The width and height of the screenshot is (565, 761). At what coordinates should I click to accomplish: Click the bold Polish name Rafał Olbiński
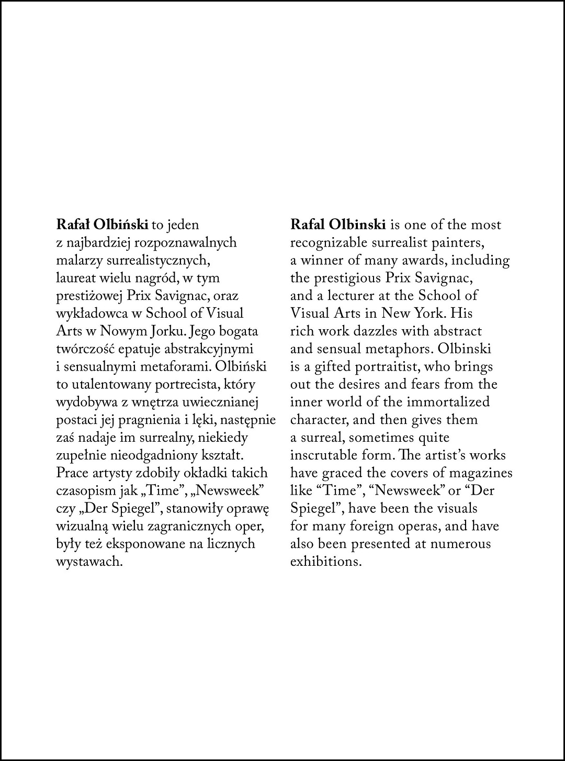click(103, 225)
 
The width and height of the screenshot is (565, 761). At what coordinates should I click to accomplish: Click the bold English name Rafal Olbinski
click(338, 225)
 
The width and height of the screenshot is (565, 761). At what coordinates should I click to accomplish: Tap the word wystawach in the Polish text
click(89, 562)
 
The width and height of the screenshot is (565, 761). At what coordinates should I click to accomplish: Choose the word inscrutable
click(322, 455)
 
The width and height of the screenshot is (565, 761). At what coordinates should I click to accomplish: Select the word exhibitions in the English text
click(326, 562)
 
